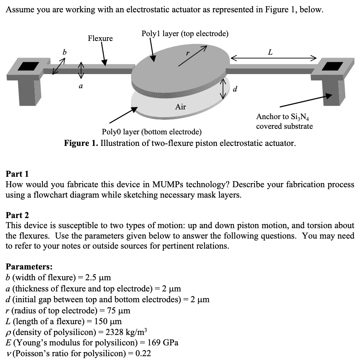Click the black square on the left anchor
pyautogui.click(x=28, y=66)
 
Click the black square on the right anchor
pyautogui.click(x=333, y=66)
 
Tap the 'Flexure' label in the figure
pyautogui.click(x=100, y=38)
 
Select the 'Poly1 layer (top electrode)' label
pyautogui.click(x=185, y=33)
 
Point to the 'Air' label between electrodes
pyautogui.click(x=180, y=107)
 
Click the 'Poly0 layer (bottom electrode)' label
pyautogui.click(x=152, y=132)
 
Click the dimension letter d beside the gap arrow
pyautogui.click(x=234, y=89)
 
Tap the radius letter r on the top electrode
pyautogui.click(x=188, y=53)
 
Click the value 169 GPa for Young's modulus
pyautogui.click(x=163, y=343)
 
